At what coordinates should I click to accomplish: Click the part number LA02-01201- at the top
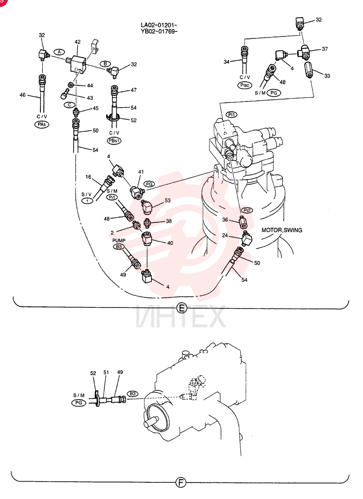[159, 25]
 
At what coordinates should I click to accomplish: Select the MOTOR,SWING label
[282, 230]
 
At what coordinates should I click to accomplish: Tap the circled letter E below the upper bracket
[181, 308]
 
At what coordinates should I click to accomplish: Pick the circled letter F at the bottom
[181, 483]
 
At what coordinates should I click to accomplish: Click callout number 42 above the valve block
[78, 42]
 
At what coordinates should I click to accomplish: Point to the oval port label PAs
[42, 124]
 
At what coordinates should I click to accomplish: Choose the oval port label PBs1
[114, 140]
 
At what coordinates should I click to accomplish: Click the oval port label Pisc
[245, 85]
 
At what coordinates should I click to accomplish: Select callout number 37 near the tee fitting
[325, 49]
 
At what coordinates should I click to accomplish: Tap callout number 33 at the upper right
[327, 76]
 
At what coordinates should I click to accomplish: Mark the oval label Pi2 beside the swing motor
[247, 211]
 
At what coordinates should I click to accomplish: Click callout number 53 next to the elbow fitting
[168, 200]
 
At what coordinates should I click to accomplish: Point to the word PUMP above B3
[119, 241]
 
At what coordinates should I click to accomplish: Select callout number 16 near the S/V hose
[88, 177]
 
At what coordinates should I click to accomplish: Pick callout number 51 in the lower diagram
[106, 372]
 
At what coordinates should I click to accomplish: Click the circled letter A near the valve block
[59, 51]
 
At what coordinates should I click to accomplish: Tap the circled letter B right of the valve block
[105, 64]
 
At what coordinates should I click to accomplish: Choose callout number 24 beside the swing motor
[225, 236]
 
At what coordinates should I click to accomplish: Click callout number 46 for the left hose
[22, 94]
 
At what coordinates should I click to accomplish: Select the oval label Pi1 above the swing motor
[232, 115]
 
